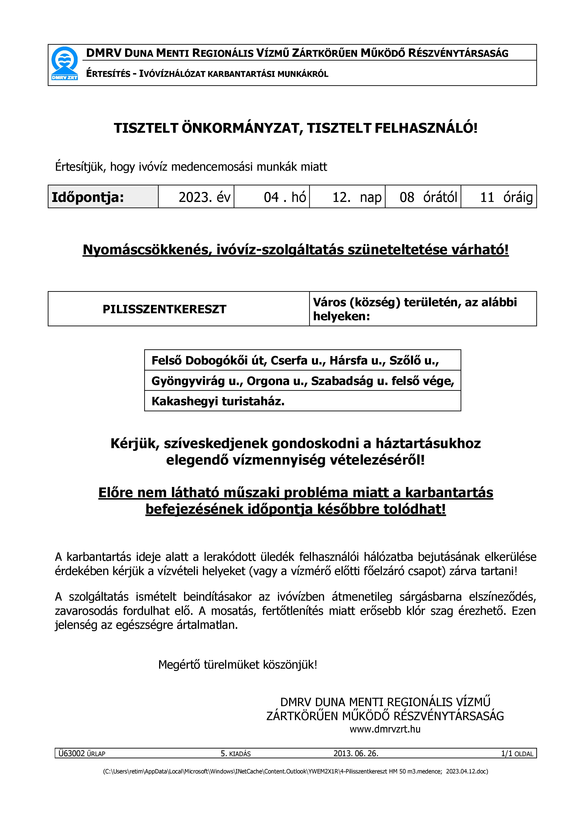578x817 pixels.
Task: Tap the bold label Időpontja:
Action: [x=88, y=197]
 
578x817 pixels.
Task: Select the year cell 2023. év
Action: [x=204, y=197]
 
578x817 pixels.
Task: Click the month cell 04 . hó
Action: [x=285, y=197]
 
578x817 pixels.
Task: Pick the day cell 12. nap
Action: [x=357, y=197]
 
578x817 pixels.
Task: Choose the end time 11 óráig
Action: [x=506, y=197]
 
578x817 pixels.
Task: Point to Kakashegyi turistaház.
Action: [x=218, y=401]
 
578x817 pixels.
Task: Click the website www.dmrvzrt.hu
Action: [x=385, y=729]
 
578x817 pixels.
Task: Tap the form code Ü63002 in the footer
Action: [x=72, y=753]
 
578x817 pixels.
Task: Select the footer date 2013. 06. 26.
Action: [x=356, y=753]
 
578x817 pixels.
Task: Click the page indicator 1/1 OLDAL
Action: [x=517, y=754]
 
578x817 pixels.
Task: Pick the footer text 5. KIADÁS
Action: [x=236, y=754]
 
